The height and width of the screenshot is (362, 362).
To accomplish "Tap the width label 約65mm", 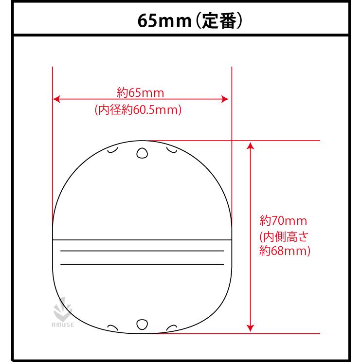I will pyautogui.click(x=141, y=91).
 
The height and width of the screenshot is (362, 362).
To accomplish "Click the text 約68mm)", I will pyautogui.click(x=285, y=252).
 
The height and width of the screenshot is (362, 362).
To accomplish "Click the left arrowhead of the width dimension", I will pyautogui.click(x=56, y=99).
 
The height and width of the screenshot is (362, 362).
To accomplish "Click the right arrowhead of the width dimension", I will pyautogui.click(x=225, y=99).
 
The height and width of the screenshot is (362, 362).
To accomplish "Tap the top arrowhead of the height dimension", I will pyautogui.click(x=250, y=145).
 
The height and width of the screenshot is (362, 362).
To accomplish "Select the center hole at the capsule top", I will pyautogui.click(x=142, y=154).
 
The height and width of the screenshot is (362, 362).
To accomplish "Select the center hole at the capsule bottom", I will pyautogui.click(x=142, y=325).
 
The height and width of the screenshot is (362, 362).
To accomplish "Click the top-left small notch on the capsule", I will pyautogui.click(x=112, y=150).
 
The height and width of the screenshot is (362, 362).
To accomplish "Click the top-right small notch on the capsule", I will pyautogui.click(x=171, y=150).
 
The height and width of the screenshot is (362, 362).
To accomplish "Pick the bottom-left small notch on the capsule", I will pyautogui.click(x=112, y=327).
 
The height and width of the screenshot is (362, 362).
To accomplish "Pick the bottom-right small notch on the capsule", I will pyautogui.click(x=171, y=327).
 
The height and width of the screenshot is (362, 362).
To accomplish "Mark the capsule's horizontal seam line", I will pyautogui.click(x=141, y=240).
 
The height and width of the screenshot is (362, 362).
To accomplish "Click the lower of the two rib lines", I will pyautogui.click(x=141, y=264).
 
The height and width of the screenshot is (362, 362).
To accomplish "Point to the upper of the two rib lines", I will pyautogui.click(x=141, y=251).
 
